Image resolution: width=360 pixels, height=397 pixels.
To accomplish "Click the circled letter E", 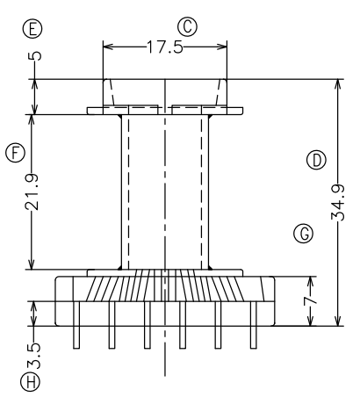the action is click(x=32, y=29).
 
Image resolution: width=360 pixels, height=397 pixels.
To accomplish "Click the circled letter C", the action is click(x=187, y=26).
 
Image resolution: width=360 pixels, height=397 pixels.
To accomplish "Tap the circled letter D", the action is click(x=316, y=160).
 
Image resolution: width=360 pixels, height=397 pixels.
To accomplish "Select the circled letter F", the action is click(x=16, y=153).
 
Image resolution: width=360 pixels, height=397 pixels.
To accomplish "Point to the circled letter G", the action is click(x=303, y=234).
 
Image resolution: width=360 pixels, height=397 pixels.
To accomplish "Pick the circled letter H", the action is click(x=30, y=382).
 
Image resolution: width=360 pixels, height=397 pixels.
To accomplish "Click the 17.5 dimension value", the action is click(x=165, y=47).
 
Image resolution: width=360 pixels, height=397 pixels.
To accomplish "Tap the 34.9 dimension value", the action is click(x=338, y=203).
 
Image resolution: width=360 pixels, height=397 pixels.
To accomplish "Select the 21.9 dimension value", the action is click(x=32, y=192).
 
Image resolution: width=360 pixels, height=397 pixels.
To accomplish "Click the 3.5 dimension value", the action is click(x=34, y=356).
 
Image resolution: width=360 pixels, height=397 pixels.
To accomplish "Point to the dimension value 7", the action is click(x=311, y=301).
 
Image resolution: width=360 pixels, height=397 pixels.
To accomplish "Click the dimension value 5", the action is click(x=35, y=56).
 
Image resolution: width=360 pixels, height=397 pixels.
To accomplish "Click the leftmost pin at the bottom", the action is click(x=76, y=325).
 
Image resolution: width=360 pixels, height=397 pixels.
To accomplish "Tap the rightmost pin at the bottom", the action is click(x=254, y=325).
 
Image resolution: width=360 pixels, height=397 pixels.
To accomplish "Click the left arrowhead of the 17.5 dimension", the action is click(x=109, y=47).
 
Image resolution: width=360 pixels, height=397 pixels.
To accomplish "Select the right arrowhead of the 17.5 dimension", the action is click(x=221, y=47).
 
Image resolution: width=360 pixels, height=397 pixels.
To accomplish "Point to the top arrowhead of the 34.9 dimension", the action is click(x=338, y=85).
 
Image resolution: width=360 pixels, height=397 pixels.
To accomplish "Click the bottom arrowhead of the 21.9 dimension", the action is click(x=32, y=263).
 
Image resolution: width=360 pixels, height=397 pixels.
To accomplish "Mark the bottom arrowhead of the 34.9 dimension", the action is click(x=338, y=320).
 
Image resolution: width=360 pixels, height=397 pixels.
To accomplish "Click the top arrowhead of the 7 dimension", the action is click(x=311, y=282).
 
